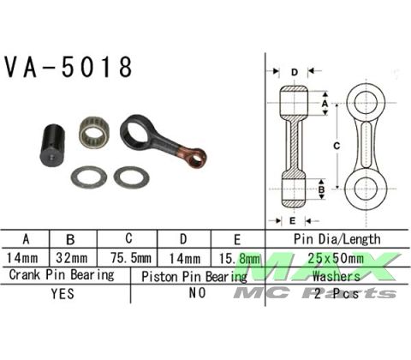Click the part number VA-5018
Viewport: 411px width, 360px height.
pyautogui.click(x=68, y=68)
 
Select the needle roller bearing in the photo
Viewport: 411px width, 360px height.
pyautogui.click(x=93, y=133)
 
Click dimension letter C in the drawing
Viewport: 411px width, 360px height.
pyautogui.click(x=337, y=147)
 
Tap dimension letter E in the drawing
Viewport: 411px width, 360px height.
pyautogui.click(x=293, y=220)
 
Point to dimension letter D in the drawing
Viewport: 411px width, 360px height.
pyautogui.click(x=294, y=71)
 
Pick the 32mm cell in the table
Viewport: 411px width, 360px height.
pyautogui.click(x=74, y=257)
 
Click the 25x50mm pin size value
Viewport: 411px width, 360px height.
pyautogui.click(x=337, y=257)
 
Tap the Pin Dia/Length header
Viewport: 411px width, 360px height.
pyautogui.click(x=337, y=239)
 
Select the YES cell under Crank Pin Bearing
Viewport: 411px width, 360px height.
pyautogui.click(x=64, y=292)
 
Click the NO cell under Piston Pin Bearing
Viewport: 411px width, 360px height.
pyautogui.click(x=198, y=292)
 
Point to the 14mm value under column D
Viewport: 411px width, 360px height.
pyautogui.click(x=182, y=257)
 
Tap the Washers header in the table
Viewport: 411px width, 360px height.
pyautogui.click(x=337, y=276)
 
